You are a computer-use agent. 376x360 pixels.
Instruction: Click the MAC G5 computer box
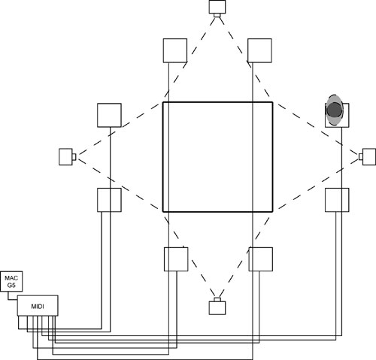[x=11, y=281]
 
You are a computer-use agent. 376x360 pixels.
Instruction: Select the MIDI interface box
[x=38, y=306]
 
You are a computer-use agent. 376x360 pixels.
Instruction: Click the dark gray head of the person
[x=335, y=110]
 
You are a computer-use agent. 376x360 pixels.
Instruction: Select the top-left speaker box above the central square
[x=175, y=50]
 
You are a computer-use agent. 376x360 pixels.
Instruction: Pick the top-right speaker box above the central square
[x=259, y=50]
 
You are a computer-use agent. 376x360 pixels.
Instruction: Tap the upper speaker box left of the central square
[x=109, y=115]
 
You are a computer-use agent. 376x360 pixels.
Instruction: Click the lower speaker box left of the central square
[x=109, y=200]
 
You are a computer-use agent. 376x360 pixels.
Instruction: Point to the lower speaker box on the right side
[x=337, y=200]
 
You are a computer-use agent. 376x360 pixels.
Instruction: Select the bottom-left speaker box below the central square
[x=176, y=259]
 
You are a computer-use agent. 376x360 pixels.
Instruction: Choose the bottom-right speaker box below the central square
[x=261, y=259]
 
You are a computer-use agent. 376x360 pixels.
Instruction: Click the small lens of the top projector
[x=217, y=15]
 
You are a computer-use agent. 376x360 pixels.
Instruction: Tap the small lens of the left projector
[x=74, y=157]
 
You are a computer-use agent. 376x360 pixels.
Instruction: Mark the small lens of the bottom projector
[x=217, y=300]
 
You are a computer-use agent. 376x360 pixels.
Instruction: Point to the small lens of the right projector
[x=361, y=157]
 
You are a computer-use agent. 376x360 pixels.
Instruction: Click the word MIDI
[x=38, y=307]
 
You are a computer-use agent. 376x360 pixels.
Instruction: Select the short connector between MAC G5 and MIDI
[x=10, y=297]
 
